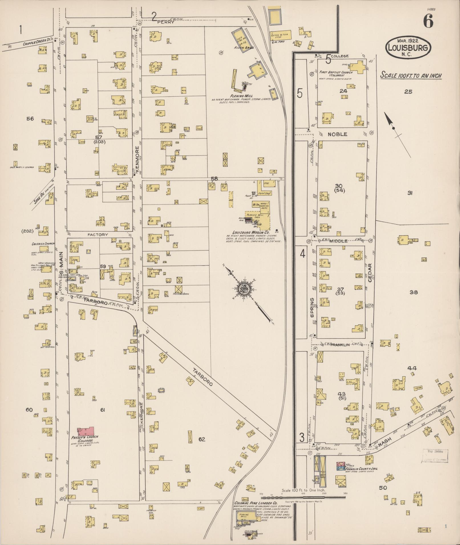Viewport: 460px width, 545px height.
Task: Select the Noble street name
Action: [337, 134]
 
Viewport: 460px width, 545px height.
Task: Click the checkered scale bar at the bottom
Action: [303, 497]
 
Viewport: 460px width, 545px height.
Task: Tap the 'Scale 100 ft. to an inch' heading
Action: [411, 76]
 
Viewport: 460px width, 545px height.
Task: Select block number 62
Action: [202, 439]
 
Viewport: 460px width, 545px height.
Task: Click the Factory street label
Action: [98, 234]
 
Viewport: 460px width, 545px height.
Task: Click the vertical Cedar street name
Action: [370, 273]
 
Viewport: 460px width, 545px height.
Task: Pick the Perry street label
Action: [167, 22]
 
